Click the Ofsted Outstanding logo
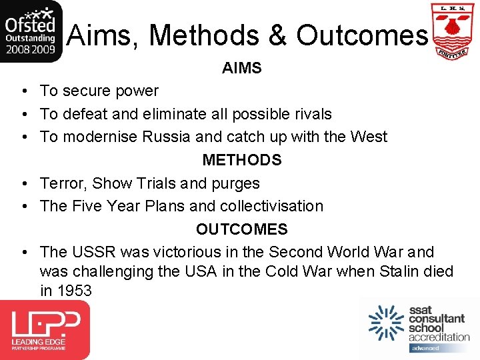pos(32,31)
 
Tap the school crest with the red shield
pos(453,31)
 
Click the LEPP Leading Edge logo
pos(45,329)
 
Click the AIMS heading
pos(241,68)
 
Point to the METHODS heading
pos(241,160)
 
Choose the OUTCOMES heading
pos(241,229)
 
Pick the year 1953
pos(74,291)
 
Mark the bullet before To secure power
pos(23,91)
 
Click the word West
pos(369,137)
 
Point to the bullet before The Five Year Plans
pos(23,207)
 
